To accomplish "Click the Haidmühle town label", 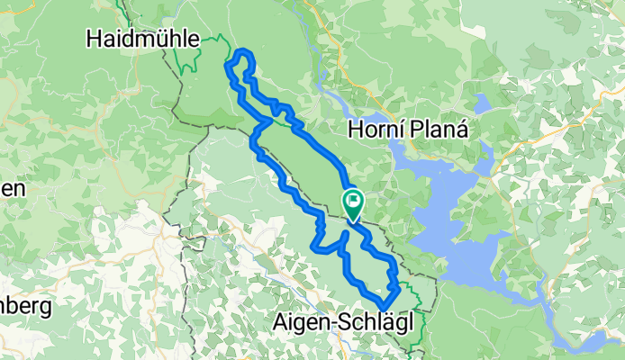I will tap(143, 38).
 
